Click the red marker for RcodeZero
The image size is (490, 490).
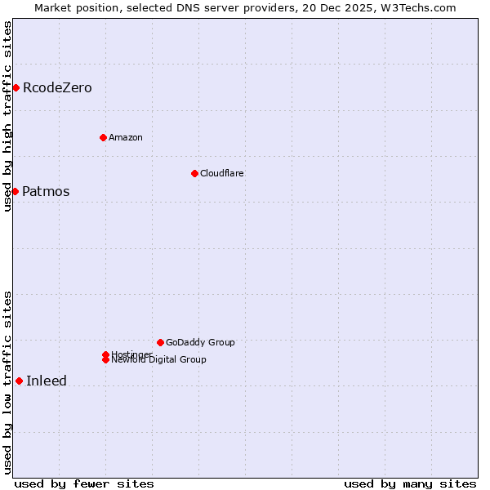point(16,87)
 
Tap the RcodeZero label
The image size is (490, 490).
point(57,87)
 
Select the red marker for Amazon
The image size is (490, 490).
point(103,137)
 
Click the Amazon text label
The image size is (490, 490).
point(125,137)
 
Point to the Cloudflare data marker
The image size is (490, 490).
point(194,173)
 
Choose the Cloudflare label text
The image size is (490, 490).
point(221,173)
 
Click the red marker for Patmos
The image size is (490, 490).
point(15,191)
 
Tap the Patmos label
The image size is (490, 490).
point(46,192)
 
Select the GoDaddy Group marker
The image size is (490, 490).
point(160,342)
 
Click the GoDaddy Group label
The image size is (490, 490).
point(200,342)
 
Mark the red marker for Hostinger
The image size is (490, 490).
point(105,354)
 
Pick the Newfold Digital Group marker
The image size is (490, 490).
point(105,360)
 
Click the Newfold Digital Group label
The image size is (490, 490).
point(159,360)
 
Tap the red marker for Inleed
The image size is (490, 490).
point(19,381)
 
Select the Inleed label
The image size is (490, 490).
point(47,381)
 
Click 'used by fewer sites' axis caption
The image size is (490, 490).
point(84,483)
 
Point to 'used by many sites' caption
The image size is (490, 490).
point(410,483)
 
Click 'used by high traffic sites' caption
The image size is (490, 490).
point(7,116)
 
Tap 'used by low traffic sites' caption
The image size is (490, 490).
point(7,382)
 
